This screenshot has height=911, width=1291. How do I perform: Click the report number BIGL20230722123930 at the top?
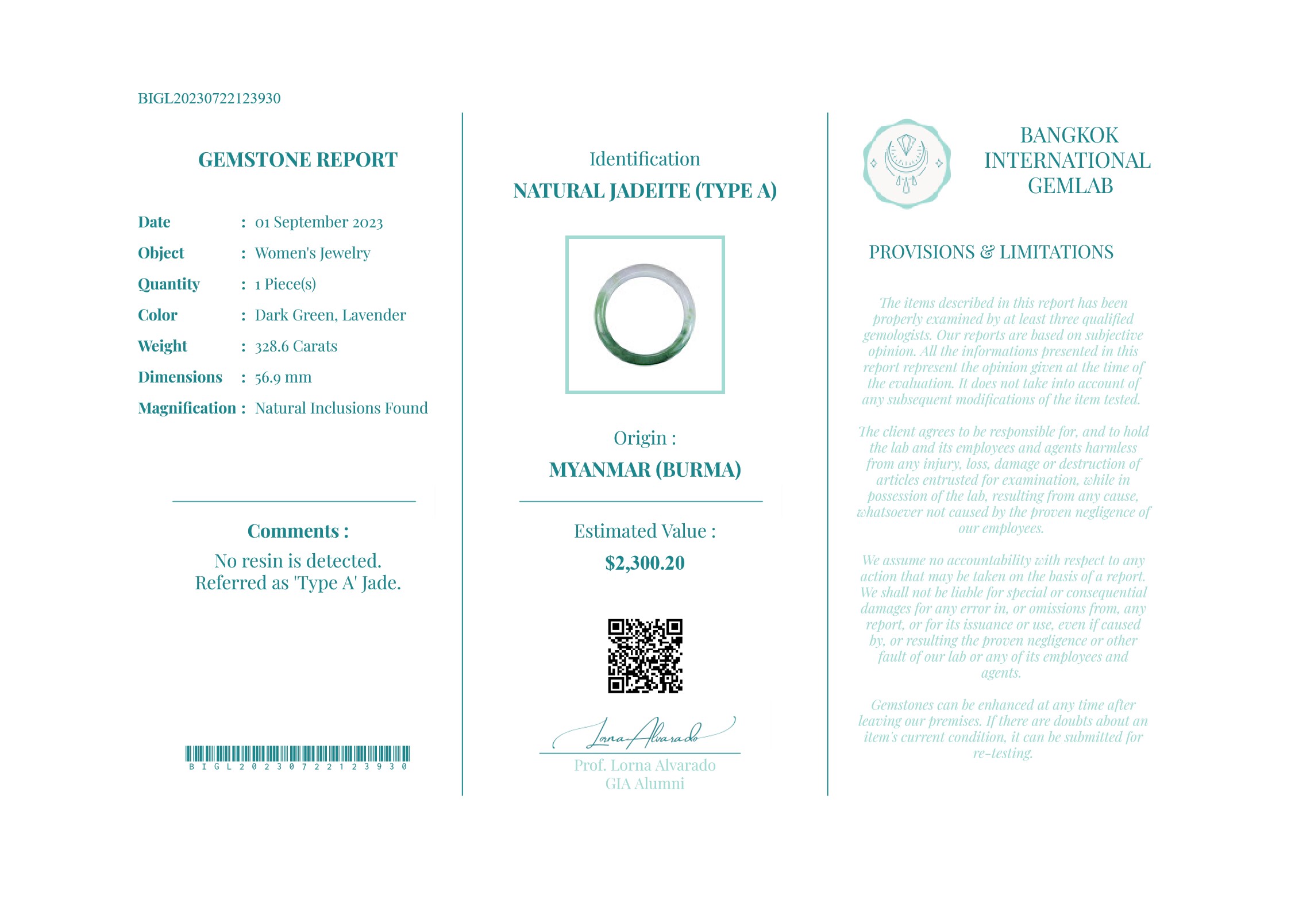[x=209, y=98]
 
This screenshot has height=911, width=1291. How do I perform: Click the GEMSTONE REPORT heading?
[x=298, y=160]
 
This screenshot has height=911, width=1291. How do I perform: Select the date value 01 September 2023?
[x=319, y=222]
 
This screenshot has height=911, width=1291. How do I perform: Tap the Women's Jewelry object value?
[x=313, y=253]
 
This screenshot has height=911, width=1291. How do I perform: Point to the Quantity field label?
[x=169, y=284]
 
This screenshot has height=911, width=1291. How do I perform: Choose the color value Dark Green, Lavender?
[x=330, y=315]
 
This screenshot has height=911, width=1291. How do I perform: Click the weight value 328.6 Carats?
[x=296, y=346]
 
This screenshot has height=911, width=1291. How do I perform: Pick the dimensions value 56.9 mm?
[x=283, y=377]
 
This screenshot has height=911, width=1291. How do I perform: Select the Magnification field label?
[x=187, y=408]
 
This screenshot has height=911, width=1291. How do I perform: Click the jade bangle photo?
[x=645, y=315]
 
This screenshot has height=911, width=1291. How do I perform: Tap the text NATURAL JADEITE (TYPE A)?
[x=645, y=191]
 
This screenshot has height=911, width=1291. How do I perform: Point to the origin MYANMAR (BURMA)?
[x=645, y=470]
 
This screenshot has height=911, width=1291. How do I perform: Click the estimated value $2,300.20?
[x=645, y=563]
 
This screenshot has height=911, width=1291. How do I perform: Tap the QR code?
[x=645, y=655]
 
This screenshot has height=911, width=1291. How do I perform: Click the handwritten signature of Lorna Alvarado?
[x=643, y=734]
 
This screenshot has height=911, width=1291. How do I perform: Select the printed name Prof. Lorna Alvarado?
[x=645, y=766]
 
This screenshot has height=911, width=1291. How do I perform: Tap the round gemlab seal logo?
[x=907, y=164]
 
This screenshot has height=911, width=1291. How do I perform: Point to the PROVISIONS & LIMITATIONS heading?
[x=991, y=252]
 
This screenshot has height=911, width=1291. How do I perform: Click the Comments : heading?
[x=298, y=531]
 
